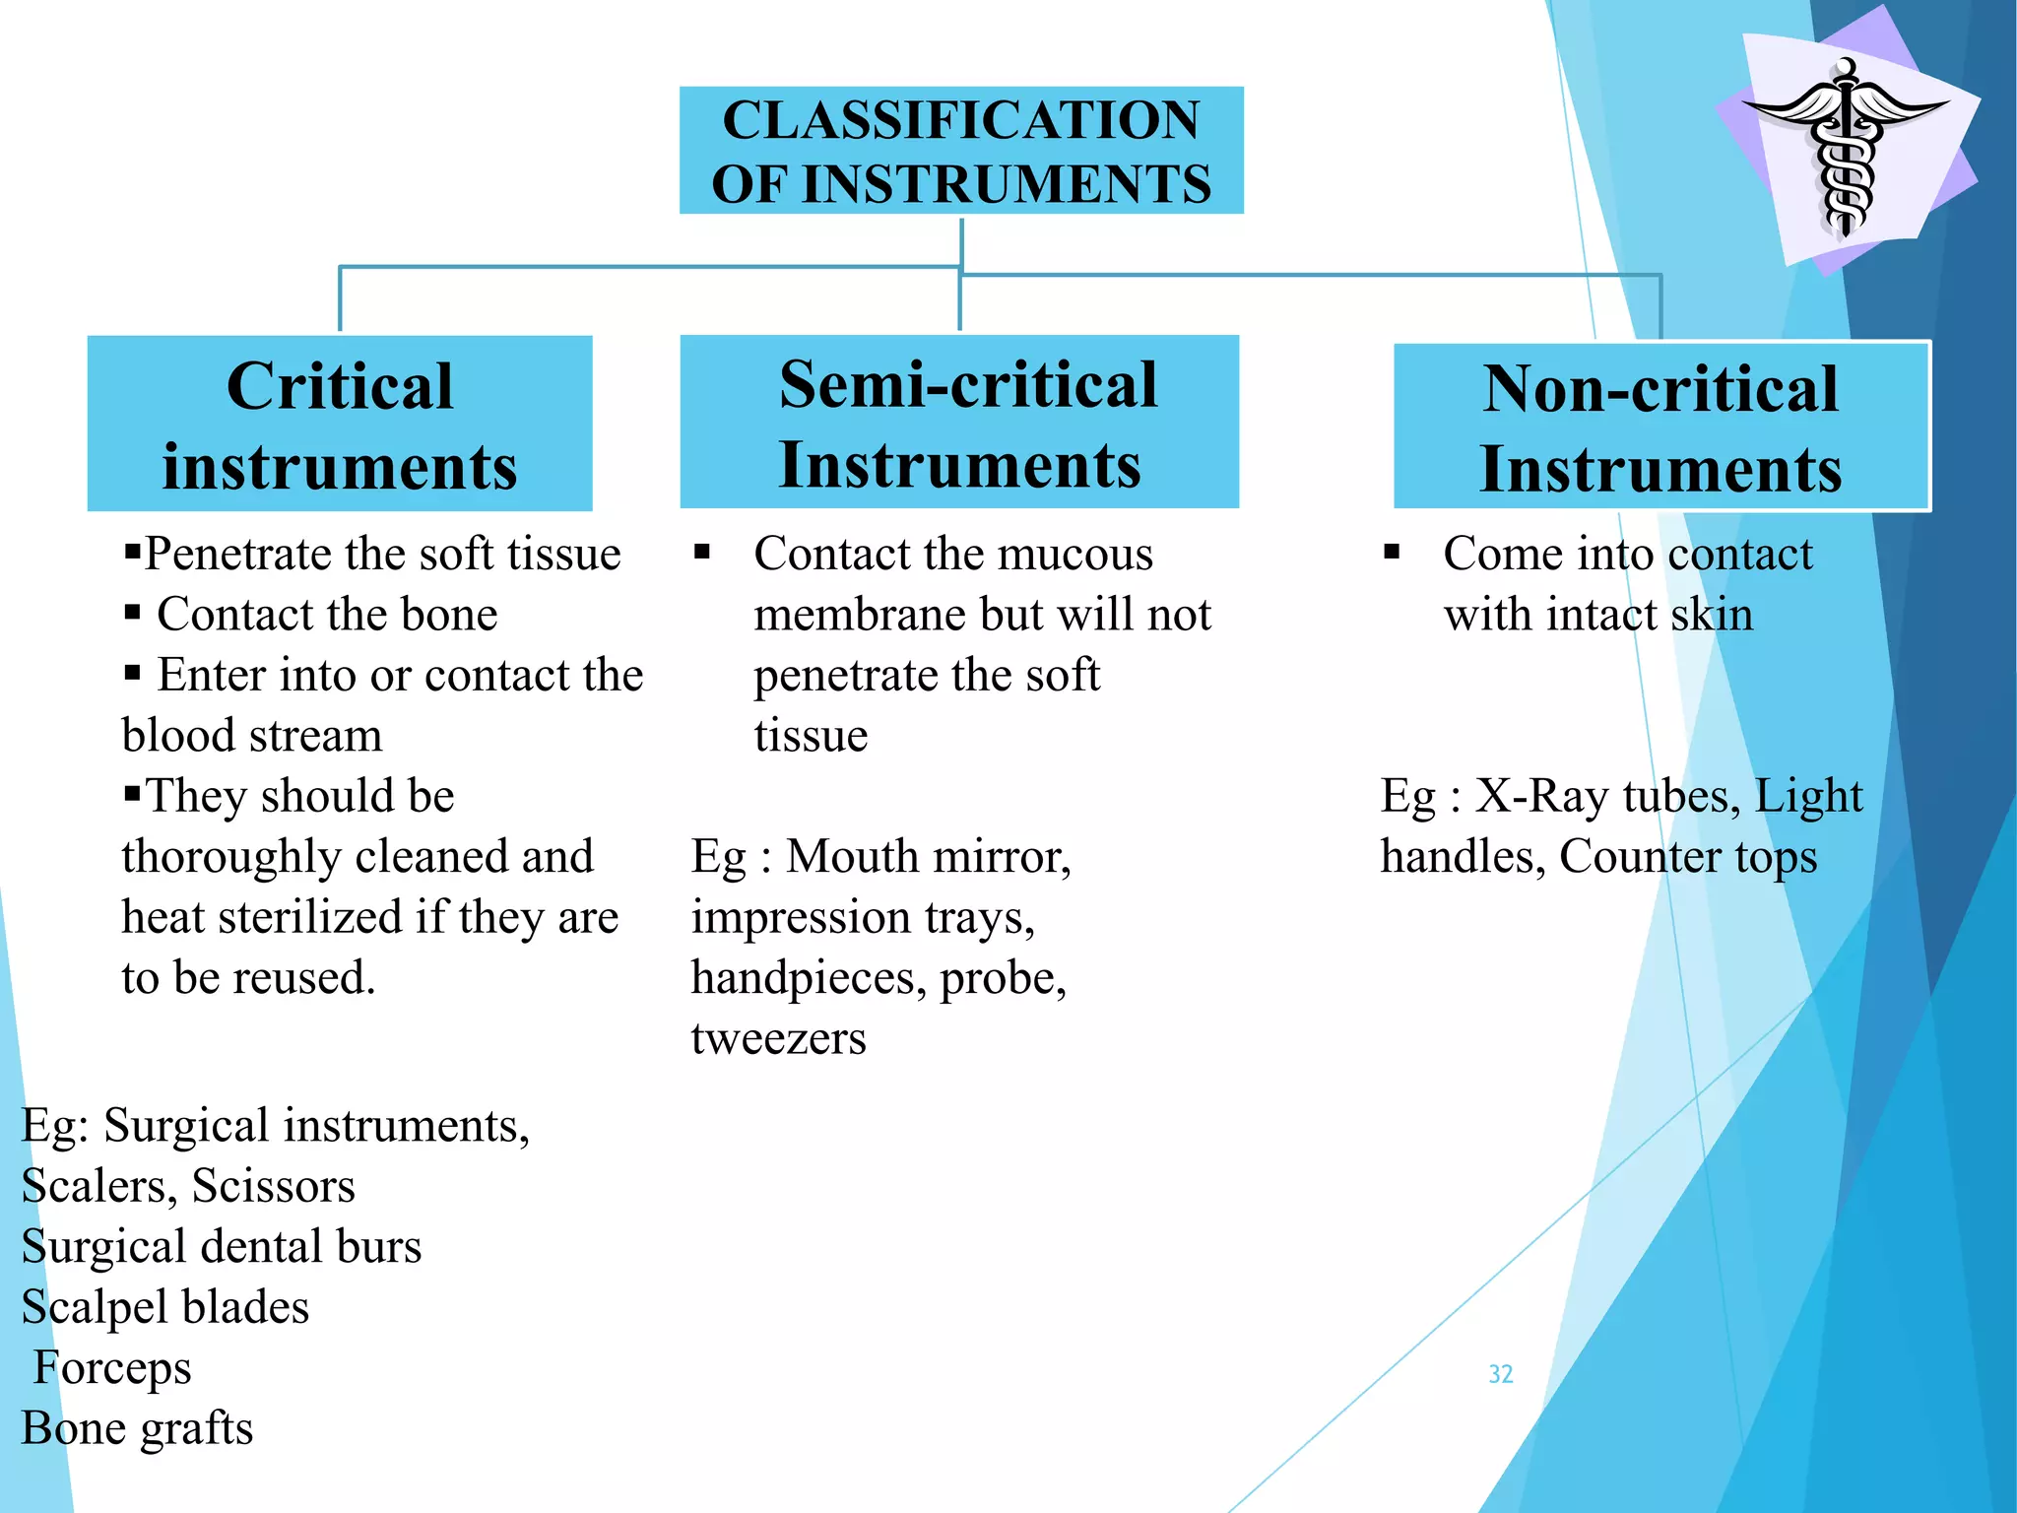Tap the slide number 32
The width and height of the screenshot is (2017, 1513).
pos(1500,1374)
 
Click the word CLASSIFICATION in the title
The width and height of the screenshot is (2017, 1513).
pos(961,120)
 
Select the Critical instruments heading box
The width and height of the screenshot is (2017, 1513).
pos(340,424)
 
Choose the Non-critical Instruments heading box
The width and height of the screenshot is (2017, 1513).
pos(1661,427)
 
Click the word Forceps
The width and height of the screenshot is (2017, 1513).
pos(112,1368)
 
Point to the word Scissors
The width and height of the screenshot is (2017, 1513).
pos(273,1186)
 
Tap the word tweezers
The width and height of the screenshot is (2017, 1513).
pos(778,1038)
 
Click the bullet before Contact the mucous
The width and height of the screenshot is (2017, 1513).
pos(702,552)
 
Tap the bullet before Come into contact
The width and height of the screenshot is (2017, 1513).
pos(1392,552)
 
